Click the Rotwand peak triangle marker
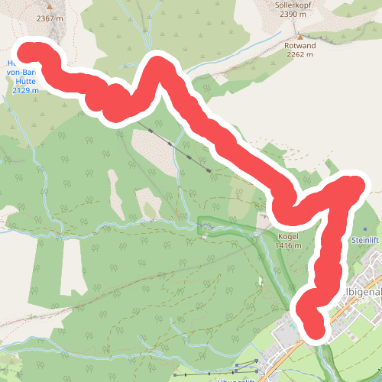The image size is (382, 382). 300,36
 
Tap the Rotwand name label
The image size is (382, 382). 300,45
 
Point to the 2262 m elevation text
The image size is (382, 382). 300,54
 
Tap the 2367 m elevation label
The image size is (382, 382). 50,17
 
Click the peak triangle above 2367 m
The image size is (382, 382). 50,7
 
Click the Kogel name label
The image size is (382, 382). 288,236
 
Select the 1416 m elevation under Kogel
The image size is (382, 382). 288,245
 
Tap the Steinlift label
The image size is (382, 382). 364,240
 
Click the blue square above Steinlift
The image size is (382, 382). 365,229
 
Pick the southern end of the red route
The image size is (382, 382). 315,331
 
